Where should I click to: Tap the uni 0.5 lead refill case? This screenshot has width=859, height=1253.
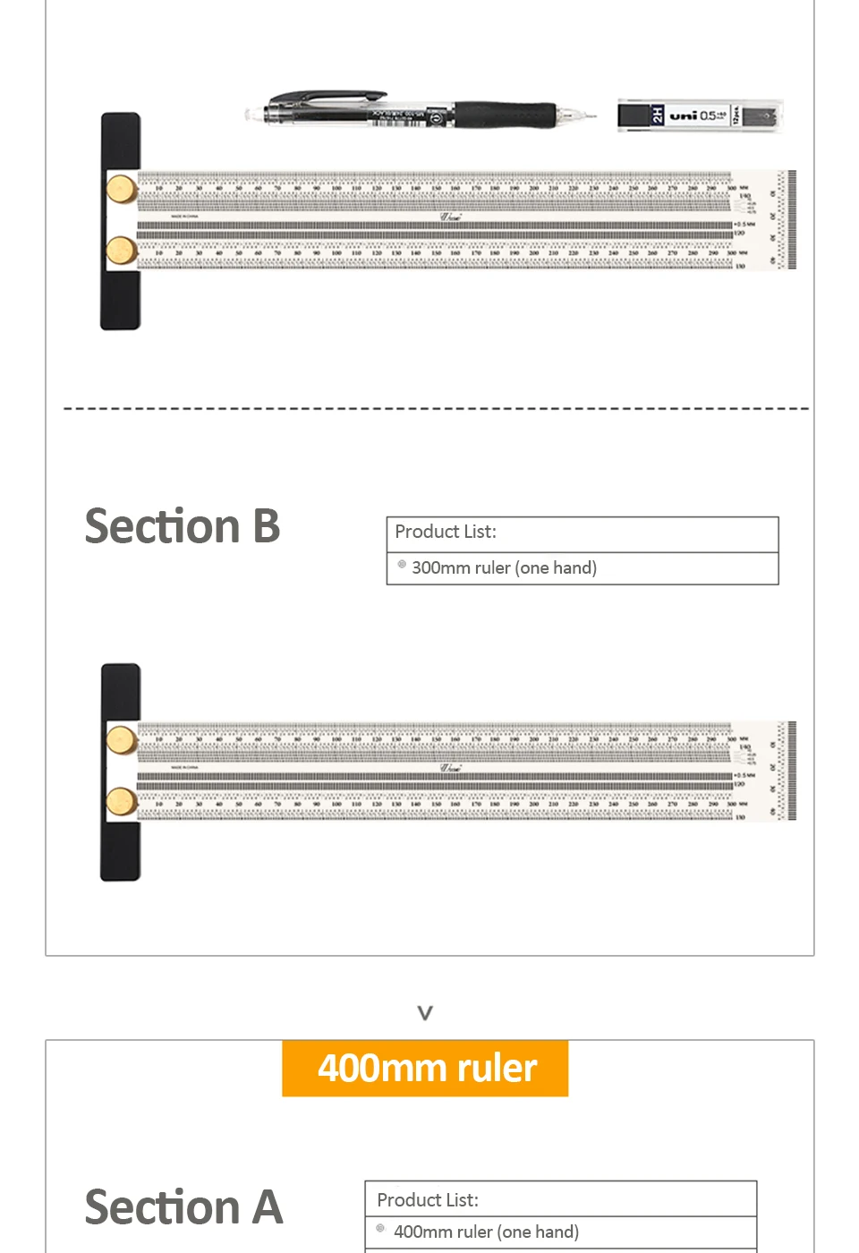tap(700, 115)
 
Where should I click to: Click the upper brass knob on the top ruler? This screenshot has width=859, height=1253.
tap(122, 189)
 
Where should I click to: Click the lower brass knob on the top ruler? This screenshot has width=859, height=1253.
tap(122, 251)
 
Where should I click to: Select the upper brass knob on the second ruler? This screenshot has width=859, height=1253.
tap(122, 740)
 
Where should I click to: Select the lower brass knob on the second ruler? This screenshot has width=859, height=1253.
tap(122, 802)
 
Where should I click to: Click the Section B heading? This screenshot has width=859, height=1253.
tap(183, 525)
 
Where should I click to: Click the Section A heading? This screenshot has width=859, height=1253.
tap(183, 1206)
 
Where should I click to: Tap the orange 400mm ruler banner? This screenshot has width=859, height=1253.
tap(425, 1068)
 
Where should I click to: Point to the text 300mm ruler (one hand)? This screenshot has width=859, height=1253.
tap(504, 568)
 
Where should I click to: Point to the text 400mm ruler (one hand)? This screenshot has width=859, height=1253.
tap(486, 1232)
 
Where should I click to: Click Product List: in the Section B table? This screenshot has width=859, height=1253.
tap(446, 532)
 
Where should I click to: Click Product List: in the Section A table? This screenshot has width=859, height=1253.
tap(428, 1200)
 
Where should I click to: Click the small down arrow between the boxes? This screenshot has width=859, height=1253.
tap(425, 1013)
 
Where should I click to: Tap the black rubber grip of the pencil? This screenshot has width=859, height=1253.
tap(506, 115)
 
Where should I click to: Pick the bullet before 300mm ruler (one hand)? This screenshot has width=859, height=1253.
tap(402, 565)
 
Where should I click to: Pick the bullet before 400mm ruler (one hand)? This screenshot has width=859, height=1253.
tap(380, 1229)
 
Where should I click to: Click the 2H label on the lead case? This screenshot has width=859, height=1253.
tap(658, 115)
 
